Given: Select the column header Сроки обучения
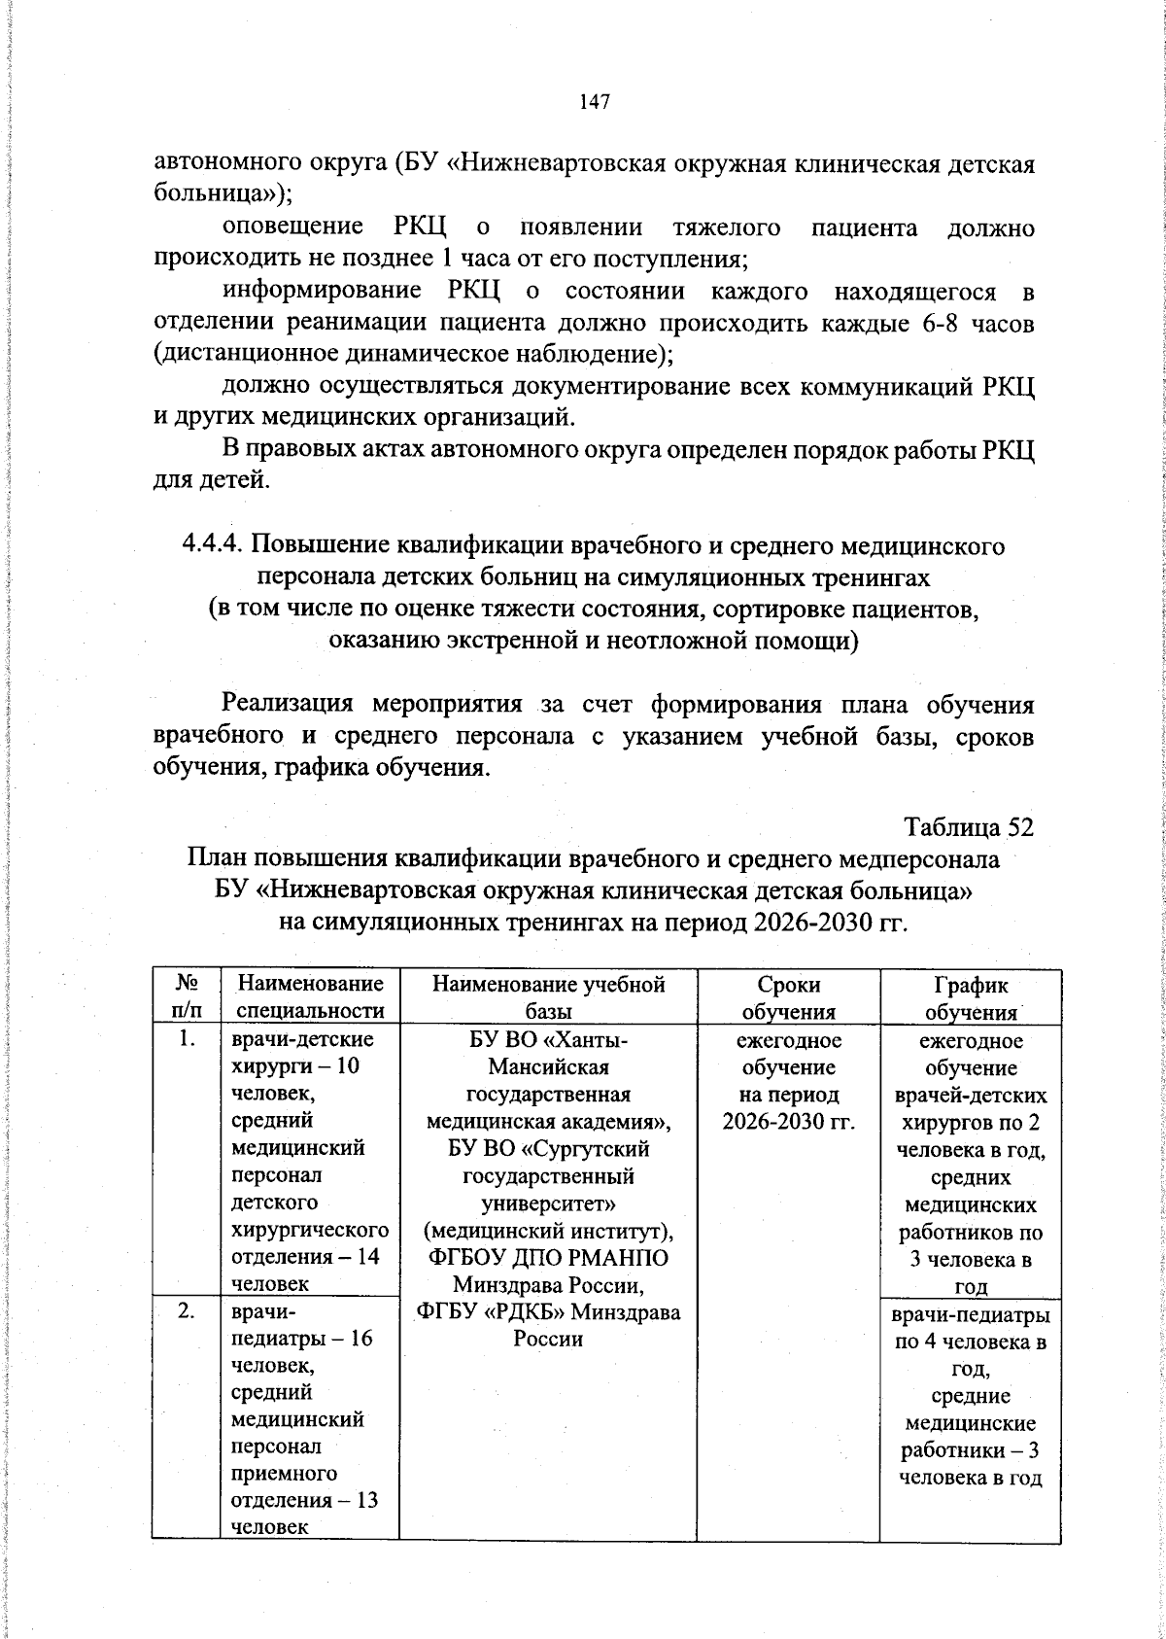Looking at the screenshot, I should tap(788, 997).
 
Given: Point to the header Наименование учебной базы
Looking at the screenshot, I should tap(548, 997).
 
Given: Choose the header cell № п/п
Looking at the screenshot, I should tap(187, 997).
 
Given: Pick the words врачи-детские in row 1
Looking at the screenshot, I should tap(299, 1040).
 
